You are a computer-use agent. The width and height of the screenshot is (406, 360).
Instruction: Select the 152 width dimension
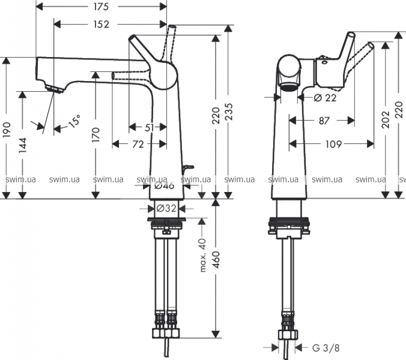101,25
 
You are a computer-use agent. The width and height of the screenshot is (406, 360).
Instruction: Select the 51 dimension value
149,127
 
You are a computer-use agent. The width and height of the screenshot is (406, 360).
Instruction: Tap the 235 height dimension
229,112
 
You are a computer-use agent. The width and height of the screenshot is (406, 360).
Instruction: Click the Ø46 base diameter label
164,186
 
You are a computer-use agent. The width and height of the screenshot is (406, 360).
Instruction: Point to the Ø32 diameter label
166,209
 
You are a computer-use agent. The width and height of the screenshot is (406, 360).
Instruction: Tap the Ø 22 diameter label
324,97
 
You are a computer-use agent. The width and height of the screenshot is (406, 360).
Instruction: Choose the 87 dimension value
324,121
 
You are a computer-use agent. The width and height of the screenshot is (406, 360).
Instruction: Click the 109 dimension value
334,144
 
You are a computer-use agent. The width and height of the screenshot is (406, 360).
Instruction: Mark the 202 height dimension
385,120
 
